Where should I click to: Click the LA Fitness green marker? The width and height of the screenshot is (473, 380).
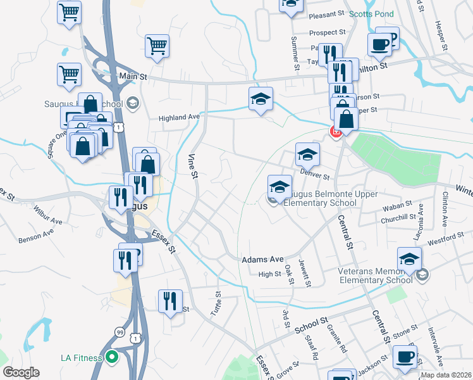coord(112,358)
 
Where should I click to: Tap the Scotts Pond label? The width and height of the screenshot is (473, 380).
coord(371,14)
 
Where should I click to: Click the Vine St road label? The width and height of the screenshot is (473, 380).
coord(192,165)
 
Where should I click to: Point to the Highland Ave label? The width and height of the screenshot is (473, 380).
coord(179,117)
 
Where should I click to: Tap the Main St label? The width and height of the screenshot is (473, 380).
coord(133,76)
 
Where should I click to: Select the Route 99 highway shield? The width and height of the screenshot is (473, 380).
coord(120,331)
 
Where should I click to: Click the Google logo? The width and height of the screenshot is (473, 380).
coord(21,372)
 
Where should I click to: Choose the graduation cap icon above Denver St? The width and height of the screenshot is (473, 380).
coord(307,155)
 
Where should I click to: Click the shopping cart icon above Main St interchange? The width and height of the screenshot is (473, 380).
coord(70,74)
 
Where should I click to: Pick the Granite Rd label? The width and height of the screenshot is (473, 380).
coord(337,339)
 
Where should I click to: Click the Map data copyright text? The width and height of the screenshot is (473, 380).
coord(446,375)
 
